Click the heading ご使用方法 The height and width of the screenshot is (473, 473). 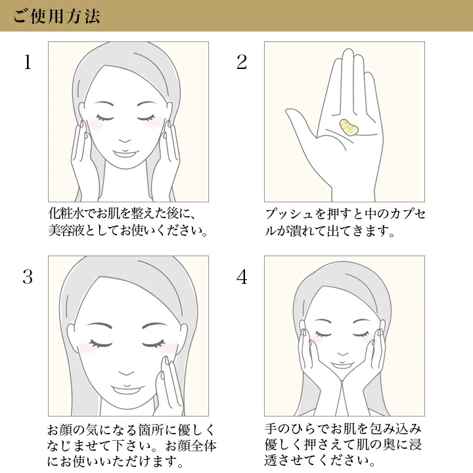pos(56,16)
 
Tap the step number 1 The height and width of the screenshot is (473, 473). pos(28,62)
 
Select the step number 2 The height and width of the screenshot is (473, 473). pos(242,62)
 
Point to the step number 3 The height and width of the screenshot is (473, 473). pos(28,277)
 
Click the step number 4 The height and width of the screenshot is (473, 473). pos(242,277)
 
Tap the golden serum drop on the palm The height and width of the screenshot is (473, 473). pos(349,128)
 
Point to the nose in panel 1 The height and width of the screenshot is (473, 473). pos(125,141)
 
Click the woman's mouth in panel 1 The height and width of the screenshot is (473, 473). pos(125,153)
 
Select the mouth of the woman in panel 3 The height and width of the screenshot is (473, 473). pos(126,389)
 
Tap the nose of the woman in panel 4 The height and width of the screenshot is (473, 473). pos(342,353)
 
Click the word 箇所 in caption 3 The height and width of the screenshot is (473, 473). pos(158,430)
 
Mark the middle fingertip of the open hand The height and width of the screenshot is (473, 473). pos(348,53)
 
